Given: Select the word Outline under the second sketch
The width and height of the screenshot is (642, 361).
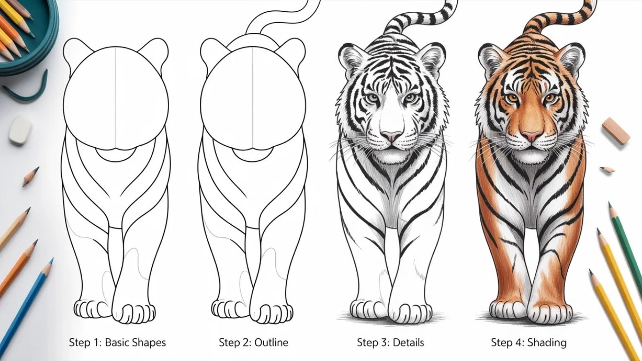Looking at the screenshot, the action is (271, 342).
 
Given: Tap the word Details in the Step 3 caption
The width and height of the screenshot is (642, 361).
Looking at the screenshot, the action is (408, 342).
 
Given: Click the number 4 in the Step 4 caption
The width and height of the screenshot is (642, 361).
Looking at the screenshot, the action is (519, 342).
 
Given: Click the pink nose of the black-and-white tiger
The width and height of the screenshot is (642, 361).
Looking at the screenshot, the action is (391, 136).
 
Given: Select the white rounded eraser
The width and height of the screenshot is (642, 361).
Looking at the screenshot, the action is (20, 129).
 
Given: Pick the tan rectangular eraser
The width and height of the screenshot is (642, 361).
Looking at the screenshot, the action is (615, 132).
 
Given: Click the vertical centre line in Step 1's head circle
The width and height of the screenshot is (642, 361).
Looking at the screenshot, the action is (116, 97).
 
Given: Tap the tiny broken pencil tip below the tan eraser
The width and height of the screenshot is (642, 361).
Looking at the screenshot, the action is (607, 170).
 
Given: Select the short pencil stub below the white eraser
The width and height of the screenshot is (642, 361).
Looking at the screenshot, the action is (31, 177).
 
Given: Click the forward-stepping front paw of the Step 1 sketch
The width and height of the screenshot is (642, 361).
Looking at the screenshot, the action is (133, 313).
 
